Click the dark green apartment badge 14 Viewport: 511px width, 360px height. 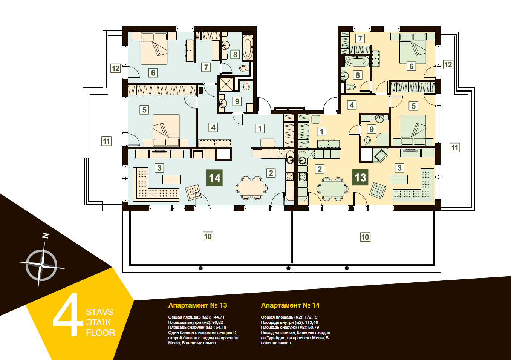(x=214, y=178)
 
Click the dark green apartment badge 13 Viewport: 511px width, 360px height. (x=360, y=177)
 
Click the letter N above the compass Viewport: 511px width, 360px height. (x=46, y=236)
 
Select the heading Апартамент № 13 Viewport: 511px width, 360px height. (x=197, y=305)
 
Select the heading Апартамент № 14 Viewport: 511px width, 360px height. (x=290, y=305)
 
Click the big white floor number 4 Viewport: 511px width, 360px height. (x=68, y=314)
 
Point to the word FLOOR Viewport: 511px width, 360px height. (x=100, y=333)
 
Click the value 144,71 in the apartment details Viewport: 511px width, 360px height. (x=218, y=317)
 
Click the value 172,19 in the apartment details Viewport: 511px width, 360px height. (x=311, y=317)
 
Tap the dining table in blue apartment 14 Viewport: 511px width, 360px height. (x=251, y=188)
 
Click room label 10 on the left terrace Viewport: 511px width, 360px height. (x=208, y=236)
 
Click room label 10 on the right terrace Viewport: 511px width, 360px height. (x=365, y=237)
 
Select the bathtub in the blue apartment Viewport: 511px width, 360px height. (x=248, y=47)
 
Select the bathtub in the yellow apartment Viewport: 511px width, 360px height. (x=356, y=61)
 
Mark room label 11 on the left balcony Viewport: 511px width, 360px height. (x=106, y=141)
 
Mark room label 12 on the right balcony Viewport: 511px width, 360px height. (x=448, y=65)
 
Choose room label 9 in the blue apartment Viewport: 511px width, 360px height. (x=237, y=101)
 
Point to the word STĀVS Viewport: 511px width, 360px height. (x=99, y=312)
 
